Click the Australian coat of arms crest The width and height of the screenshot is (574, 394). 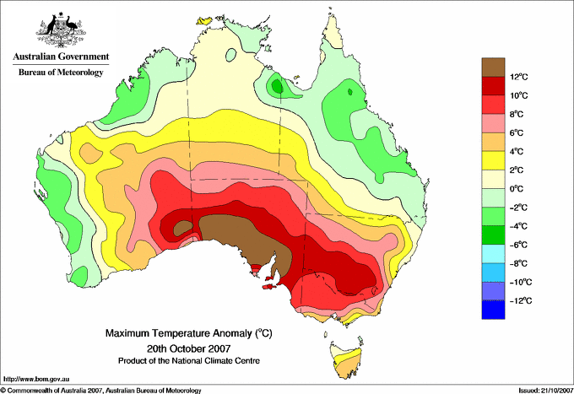[61, 30]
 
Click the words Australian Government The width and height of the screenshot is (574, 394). [61, 57]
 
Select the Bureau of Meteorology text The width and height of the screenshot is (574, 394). [61, 72]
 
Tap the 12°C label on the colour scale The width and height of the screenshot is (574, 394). [519, 77]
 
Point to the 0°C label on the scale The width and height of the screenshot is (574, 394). [517, 189]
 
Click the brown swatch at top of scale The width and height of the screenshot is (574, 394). [493, 67]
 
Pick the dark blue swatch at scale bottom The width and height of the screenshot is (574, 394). [493, 310]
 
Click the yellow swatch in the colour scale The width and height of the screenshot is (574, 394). [493, 160]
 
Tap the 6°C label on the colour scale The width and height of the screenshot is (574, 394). [517, 132]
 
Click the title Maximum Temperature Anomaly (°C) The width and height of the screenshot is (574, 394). [189, 333]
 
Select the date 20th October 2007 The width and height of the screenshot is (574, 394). [189, 348]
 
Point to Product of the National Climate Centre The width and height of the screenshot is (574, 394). [189, 361]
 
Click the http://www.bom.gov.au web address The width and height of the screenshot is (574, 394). [36, 380]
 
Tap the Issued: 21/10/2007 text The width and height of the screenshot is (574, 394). [545, 391]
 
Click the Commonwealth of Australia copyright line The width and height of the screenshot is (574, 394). [101, 391]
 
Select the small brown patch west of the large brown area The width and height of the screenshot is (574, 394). [183, 229]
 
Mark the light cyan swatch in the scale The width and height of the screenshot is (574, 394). [493, 254]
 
